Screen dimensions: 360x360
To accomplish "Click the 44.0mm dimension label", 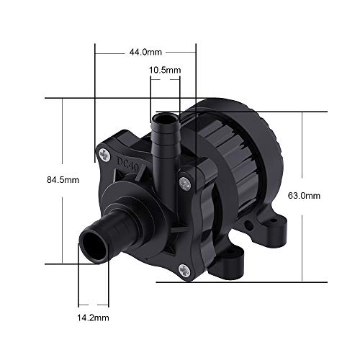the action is [x=145, y=52].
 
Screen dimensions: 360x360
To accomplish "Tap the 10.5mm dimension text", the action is [x=165, y=70].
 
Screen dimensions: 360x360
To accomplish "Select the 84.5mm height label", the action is [x=63, y=180].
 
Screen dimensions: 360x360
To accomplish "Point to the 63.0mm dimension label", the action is [x=304, y=196].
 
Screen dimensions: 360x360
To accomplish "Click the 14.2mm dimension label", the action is [x=93, y=318].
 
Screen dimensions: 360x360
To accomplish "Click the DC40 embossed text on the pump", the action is [x=128, y=164].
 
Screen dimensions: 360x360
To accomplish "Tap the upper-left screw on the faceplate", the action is [x=104, y=155].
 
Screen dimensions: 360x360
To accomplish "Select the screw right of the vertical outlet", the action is [x=185, y=184].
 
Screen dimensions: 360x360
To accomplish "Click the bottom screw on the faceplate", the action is [x=184, y=271].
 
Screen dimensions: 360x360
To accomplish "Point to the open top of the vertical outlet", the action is [x=164, y=118].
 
